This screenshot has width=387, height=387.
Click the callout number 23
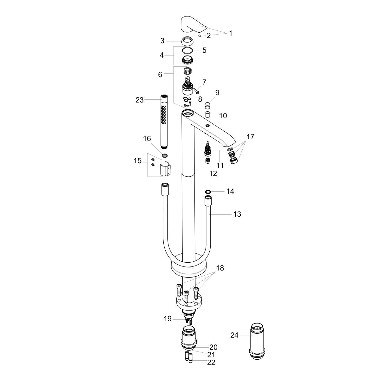point(140,100)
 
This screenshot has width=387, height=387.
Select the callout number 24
point(234,335)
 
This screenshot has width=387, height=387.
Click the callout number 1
point(231,33)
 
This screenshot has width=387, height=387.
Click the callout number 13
point(237,214)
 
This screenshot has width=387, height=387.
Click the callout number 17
point(250,137)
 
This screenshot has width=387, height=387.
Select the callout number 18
point(220,268)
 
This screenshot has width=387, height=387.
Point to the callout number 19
point(168,318)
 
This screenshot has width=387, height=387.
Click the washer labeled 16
point(164,155)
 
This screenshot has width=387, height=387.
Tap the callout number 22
point(211,362)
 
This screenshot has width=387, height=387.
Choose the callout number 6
point(160,74)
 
